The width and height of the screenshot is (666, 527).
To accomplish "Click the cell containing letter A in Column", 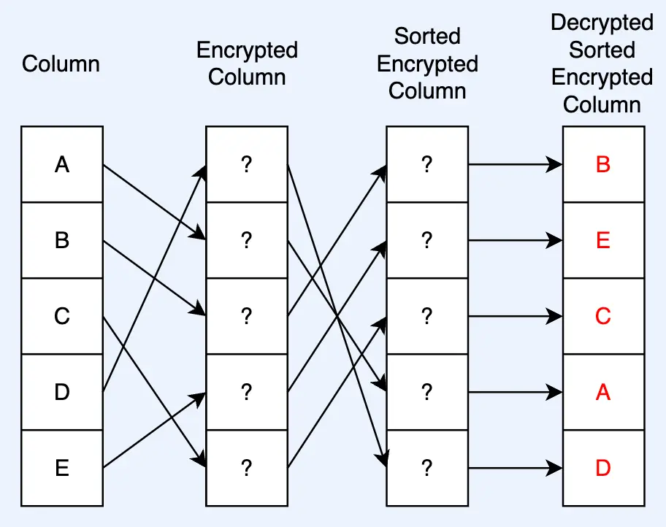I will (62, 165).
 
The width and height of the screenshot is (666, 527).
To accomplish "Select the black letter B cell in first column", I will (62, 240).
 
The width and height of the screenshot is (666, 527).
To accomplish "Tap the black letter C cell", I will (62, 316).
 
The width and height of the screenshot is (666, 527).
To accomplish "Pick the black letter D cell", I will (62, 392).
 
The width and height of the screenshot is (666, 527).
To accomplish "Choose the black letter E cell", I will (62, 468).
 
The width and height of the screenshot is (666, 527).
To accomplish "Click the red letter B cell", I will (603, 165).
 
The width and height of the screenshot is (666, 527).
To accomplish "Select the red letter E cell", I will (603, 240).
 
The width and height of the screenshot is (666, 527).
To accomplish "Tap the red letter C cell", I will (603, 316).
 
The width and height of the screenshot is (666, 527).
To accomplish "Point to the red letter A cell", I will (603, 392).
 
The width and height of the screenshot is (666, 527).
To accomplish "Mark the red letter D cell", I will (603, 468).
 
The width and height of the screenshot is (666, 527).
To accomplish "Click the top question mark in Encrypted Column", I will (247, 165).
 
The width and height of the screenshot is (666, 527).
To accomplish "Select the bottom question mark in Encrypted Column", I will (247, 468).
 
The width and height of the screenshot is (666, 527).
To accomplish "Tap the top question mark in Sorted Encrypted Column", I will (427, 165).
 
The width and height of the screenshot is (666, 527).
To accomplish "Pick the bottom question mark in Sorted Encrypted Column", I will (427, 468).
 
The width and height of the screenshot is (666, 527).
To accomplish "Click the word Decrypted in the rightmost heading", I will (602, 23).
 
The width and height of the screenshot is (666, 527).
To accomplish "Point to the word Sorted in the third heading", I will (427, 36).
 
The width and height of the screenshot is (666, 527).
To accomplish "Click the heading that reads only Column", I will (61, 64).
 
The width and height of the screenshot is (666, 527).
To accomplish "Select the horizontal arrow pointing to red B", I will (515, 165).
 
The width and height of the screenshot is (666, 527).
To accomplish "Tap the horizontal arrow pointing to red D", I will (515, 468).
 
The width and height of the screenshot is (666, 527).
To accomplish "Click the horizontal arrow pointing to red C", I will (515, 316).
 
